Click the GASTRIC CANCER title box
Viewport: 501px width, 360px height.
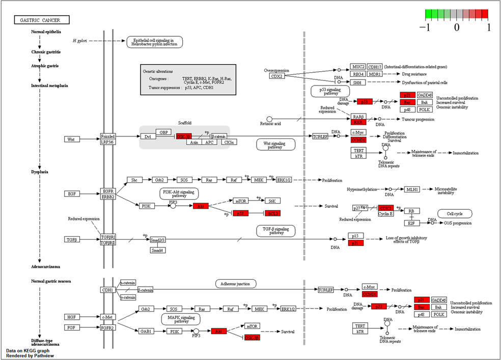pos(41,20)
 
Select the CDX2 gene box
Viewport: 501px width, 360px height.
pos(276,76)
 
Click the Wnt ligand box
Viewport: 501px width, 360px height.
pos(71,139)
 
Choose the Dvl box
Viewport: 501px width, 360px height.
pos(147,136)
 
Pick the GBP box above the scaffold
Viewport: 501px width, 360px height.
pos(163,131)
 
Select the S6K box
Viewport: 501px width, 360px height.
pos(272,201)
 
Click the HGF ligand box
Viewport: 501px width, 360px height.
pos(71,317)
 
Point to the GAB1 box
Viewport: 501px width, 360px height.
pos(146,331)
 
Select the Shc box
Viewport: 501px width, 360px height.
pos(135,180)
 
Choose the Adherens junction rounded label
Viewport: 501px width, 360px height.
pos(235,283)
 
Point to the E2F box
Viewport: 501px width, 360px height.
pos(410,223)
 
